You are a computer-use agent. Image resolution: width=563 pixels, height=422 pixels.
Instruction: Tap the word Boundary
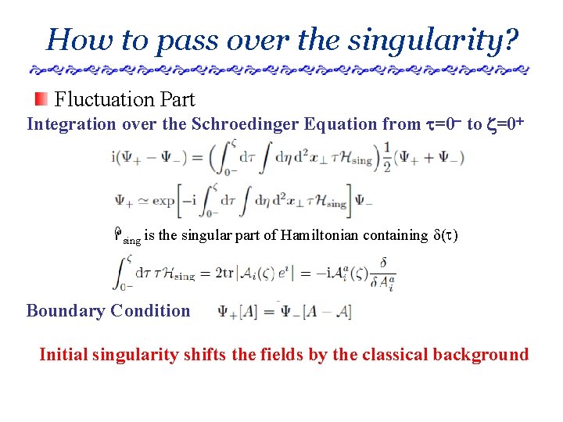pyautogui.click(x=66, y=311)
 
